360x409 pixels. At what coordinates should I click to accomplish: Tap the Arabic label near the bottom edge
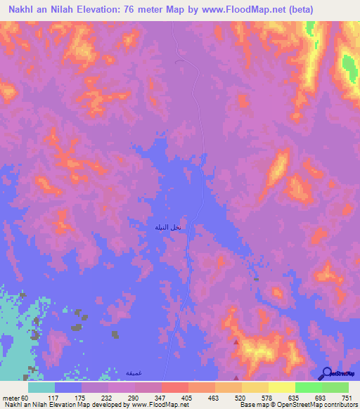pos(133,372)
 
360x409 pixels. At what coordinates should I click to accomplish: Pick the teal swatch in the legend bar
pos(41,387)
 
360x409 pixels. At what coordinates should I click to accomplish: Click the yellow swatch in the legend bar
pos(282,387)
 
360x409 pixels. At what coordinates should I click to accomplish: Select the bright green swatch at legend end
pos(335,387)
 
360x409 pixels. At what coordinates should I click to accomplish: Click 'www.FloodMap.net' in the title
pos(240,9)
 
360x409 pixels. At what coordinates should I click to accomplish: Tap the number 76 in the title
pos(141,9)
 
